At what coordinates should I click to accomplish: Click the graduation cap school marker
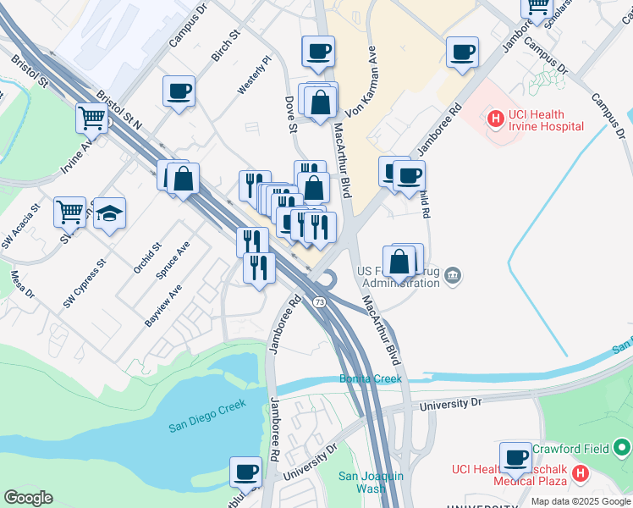point(109,214)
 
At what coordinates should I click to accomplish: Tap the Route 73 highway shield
point(320,302)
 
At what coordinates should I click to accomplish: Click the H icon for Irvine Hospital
point(495,120)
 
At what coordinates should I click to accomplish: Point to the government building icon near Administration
point(454,274)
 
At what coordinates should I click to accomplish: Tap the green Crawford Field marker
point(623,446)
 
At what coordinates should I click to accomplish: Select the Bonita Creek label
point(371,378)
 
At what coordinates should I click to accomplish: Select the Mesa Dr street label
point(22,284)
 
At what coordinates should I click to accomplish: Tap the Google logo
point(28,497)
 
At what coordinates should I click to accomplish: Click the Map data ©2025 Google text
point(580,501)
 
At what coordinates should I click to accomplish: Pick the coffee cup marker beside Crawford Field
point(515,459)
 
